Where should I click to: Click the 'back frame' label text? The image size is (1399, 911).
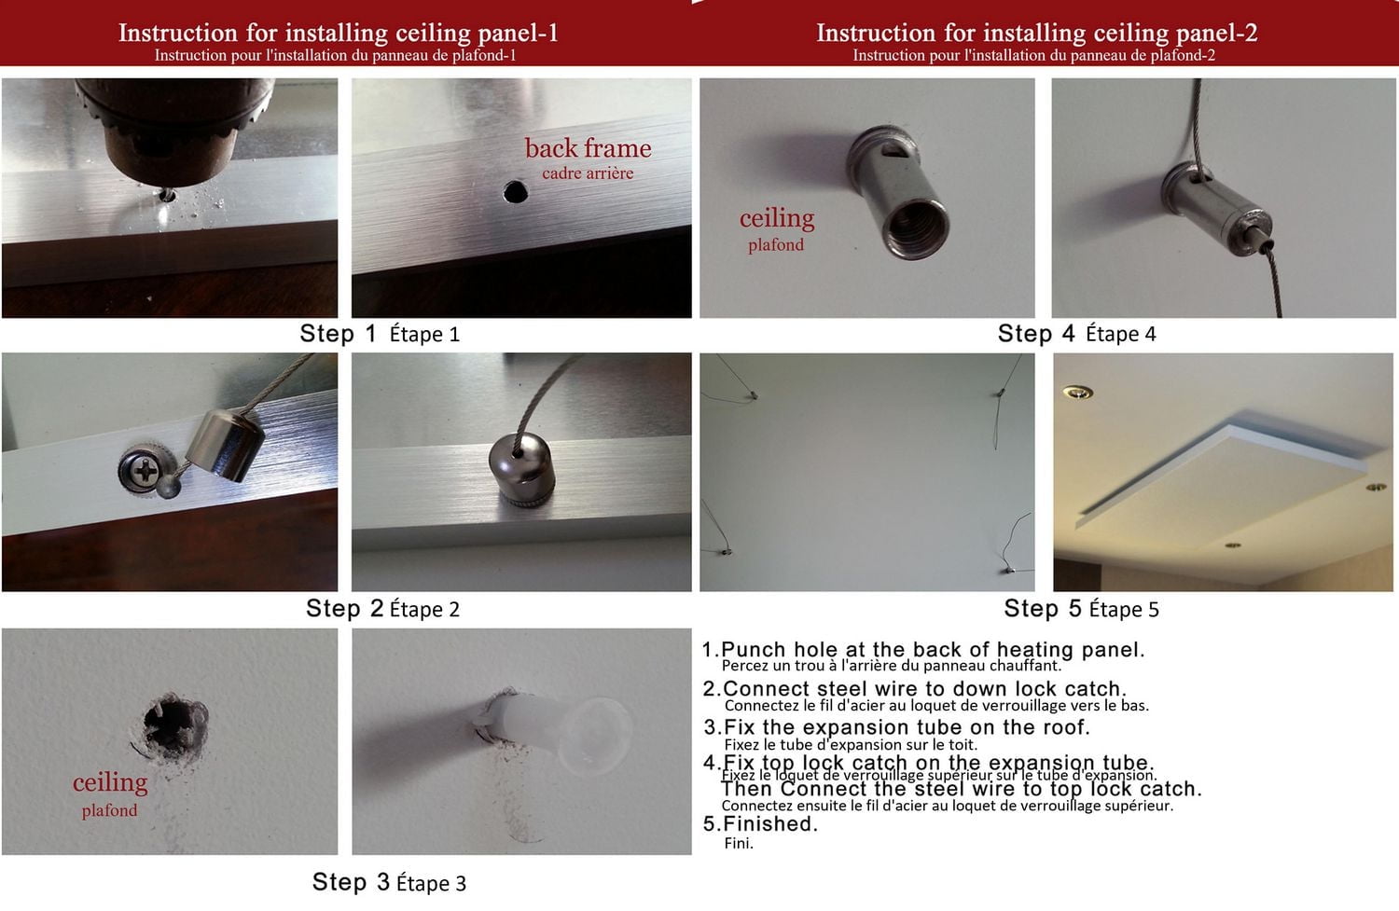coord(588,148)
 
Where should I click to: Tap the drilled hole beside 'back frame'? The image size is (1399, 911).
coord(515,193)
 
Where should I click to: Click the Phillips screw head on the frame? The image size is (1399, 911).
coord(145,470)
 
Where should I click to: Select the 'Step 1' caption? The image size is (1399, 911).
coord(338,334)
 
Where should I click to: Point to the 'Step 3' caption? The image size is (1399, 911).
coord(351,882)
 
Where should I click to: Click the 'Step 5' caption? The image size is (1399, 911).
coord(1043,609)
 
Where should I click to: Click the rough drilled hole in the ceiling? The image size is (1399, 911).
coord(173,723)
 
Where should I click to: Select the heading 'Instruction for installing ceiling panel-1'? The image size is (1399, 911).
coord(338,33)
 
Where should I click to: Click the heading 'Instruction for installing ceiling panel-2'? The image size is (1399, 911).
coord(1036,33)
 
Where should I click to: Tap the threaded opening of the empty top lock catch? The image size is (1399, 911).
coord(917,228)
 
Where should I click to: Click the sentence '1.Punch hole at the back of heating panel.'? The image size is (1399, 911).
coord(922,650)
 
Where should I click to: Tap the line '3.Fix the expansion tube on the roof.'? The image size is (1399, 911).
coord(896,727)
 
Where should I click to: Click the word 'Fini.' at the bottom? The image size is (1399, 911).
coord(738,844)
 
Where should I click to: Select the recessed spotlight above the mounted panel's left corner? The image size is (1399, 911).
coord(1078,393)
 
